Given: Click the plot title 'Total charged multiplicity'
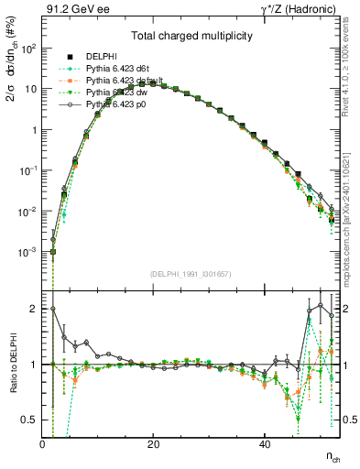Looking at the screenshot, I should (x=191, y=37).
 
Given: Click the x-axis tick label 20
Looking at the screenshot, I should (x=153, y=444).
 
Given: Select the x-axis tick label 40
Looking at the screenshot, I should (x=264, y=444).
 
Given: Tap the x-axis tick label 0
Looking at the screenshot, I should (x=42, y=444).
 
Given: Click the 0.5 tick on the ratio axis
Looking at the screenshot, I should (x=29, y=420).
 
